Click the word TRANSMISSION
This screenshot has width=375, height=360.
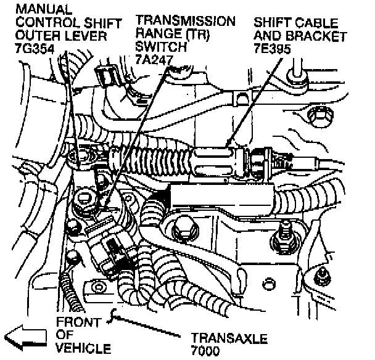[x=185, y=21]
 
